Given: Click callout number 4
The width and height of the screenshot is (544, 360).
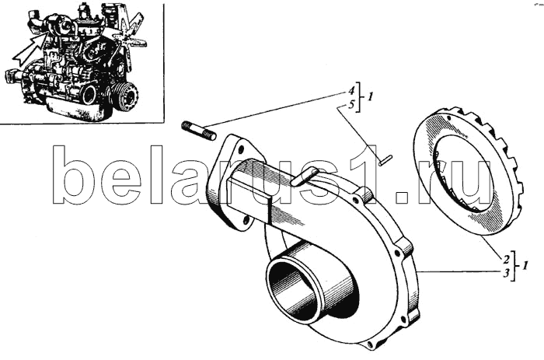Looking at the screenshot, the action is coord(351,91).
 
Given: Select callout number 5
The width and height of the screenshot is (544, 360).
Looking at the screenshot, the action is coord(351,104).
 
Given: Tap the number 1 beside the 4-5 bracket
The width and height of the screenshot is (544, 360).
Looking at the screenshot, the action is coord(370,97).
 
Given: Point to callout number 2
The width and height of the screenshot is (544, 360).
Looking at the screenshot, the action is coord(506,260).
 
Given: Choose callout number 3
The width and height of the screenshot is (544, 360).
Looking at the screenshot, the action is coord(506,273).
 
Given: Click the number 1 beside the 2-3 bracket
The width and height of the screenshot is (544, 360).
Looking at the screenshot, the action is coord(525,266).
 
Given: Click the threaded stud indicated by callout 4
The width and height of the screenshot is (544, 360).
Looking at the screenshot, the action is coord(199,131).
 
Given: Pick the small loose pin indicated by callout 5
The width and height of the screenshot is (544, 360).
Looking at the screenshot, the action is coord(385,160).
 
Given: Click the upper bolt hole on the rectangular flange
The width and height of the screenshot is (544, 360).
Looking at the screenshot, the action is coord(241,150).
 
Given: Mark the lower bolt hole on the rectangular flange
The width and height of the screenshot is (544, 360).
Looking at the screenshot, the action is coord(246,220).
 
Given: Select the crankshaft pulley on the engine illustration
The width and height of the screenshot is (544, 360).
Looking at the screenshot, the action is coord(126,96).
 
